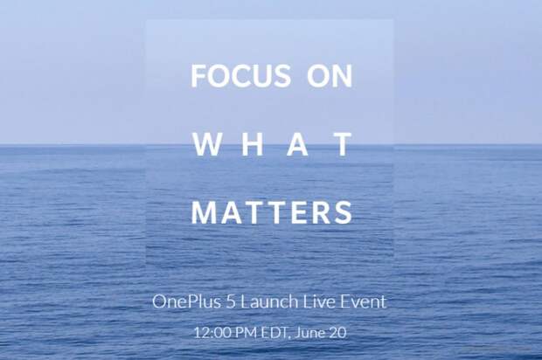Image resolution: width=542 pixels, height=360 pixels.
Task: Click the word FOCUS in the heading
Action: coord(240,76)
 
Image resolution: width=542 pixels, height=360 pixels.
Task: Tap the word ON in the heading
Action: coord(330,76)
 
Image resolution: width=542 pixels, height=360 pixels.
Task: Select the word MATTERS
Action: coord(272,212)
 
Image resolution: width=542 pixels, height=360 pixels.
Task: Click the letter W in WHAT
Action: coord(206,144)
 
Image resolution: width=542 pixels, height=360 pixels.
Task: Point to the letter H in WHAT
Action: coord(251,144)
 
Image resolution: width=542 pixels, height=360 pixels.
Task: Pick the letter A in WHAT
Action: coord(298,144)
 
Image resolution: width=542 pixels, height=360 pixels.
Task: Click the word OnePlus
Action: coord(186,301)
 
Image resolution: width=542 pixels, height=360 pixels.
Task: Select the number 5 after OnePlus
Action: coord(231,301)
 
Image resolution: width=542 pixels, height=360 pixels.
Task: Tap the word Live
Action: coord(319,301)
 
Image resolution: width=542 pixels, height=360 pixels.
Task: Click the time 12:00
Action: coord(212,332)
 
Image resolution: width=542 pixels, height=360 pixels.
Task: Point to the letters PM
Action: coord(247,332)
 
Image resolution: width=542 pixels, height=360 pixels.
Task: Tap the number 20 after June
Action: coord(337,332)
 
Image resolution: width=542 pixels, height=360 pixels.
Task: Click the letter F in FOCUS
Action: coord(198,76)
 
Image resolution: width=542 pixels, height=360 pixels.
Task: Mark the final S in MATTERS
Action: coord(344,212)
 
